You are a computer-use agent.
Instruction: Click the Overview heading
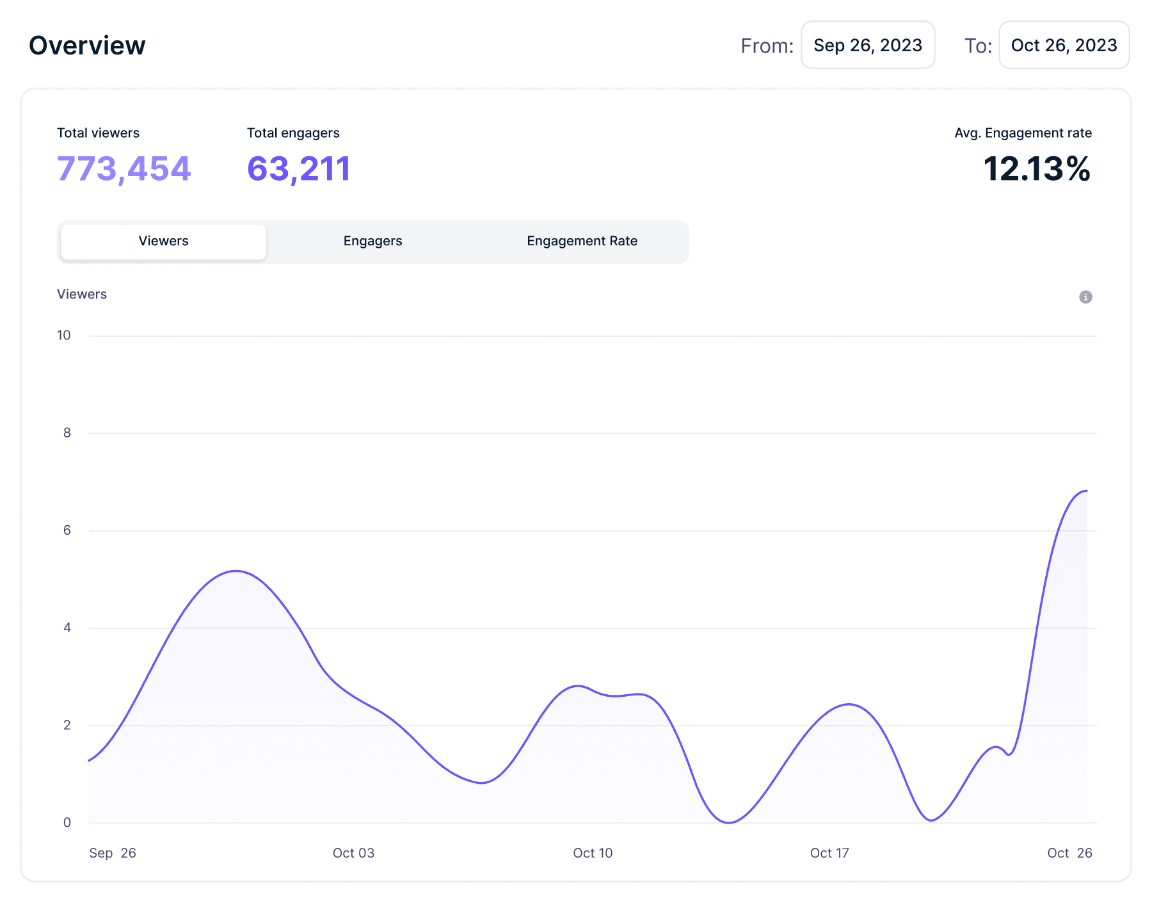coord(87,45)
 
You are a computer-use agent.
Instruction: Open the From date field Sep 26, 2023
coord(867,45)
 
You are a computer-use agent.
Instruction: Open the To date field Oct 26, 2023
coord(1064,45)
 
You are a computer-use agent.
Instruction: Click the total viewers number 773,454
coord(124,169)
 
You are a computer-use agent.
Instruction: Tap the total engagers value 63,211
coord(298,169)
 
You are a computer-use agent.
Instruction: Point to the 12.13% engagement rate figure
coord(1036,169)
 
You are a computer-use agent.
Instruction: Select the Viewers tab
coord(163,241)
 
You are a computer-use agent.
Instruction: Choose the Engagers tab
coord(372,241)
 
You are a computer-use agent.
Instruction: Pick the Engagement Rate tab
coord(582,241)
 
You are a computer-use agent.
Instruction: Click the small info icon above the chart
coord(1085,297)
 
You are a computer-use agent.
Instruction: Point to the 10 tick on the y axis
coord(64,336)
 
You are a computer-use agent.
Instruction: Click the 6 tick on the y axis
coord(67,530)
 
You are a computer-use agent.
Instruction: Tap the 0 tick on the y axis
coord(67,823)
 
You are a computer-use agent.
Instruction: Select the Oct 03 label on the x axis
coord(353,853)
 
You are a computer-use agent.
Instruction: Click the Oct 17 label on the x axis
coord(829,853)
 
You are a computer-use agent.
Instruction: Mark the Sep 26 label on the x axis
coord(113,853)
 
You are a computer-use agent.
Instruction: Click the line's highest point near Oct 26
coord(1085,491)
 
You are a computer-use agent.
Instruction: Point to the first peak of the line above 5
coord(236,571)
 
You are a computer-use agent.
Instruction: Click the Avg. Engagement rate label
coord(1023,133)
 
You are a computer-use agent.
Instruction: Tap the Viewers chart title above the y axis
coord(82,295)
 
